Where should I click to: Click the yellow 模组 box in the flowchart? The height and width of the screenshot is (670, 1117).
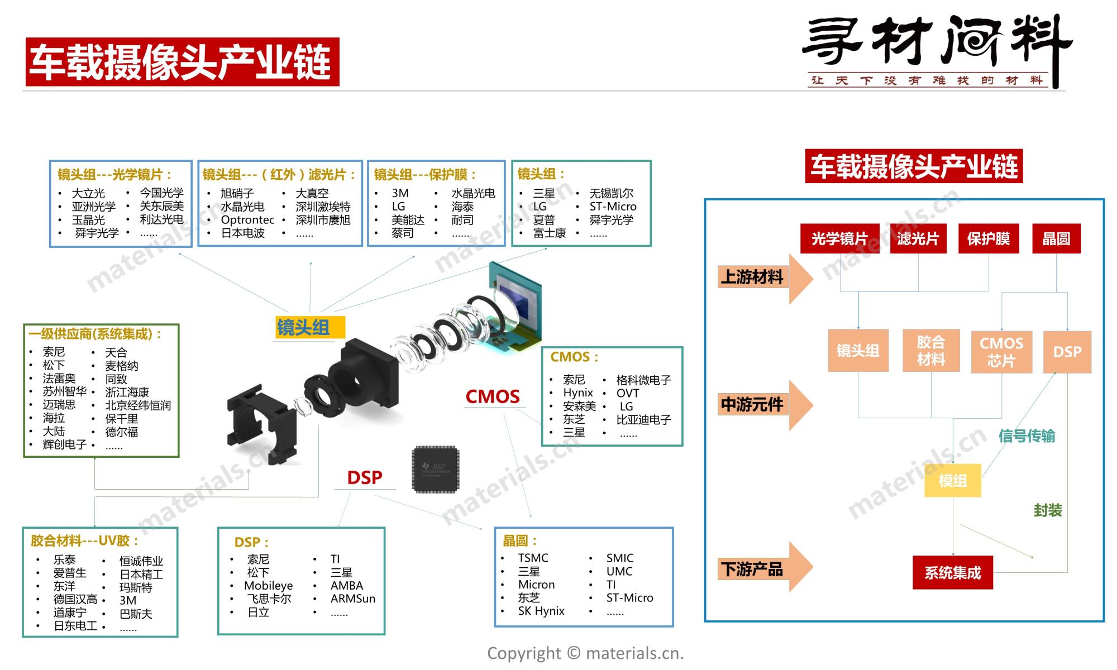(952, 481)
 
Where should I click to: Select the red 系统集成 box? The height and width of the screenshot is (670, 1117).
(952, 572)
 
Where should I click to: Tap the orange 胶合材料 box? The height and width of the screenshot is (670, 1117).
(930, 351)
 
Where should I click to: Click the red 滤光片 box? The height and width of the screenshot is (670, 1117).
(918, 239)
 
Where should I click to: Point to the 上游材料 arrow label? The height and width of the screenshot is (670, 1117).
(752, 277)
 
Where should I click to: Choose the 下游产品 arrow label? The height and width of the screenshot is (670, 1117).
(752, 569)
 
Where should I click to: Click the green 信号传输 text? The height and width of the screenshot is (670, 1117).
(1027, 436)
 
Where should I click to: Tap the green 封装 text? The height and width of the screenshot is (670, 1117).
(1047, 510)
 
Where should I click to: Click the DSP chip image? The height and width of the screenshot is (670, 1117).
(436, 469)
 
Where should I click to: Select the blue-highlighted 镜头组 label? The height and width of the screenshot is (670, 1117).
(303, 327)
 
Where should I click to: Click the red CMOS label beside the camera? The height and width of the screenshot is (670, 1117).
(493, 396)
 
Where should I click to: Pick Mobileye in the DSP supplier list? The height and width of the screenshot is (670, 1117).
(268, 586)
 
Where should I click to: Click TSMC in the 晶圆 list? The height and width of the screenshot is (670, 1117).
(533, 558)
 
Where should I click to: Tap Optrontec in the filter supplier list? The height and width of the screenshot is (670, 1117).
(247, 220)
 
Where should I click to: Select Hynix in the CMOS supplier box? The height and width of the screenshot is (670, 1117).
(577, 393)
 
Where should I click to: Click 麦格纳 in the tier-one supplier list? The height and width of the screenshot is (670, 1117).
(121, 366)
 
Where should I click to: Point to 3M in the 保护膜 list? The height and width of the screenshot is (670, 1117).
(400, 193)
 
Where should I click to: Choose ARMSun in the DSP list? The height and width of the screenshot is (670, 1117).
(352, 599)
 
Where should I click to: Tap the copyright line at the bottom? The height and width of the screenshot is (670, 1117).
(585, 653)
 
